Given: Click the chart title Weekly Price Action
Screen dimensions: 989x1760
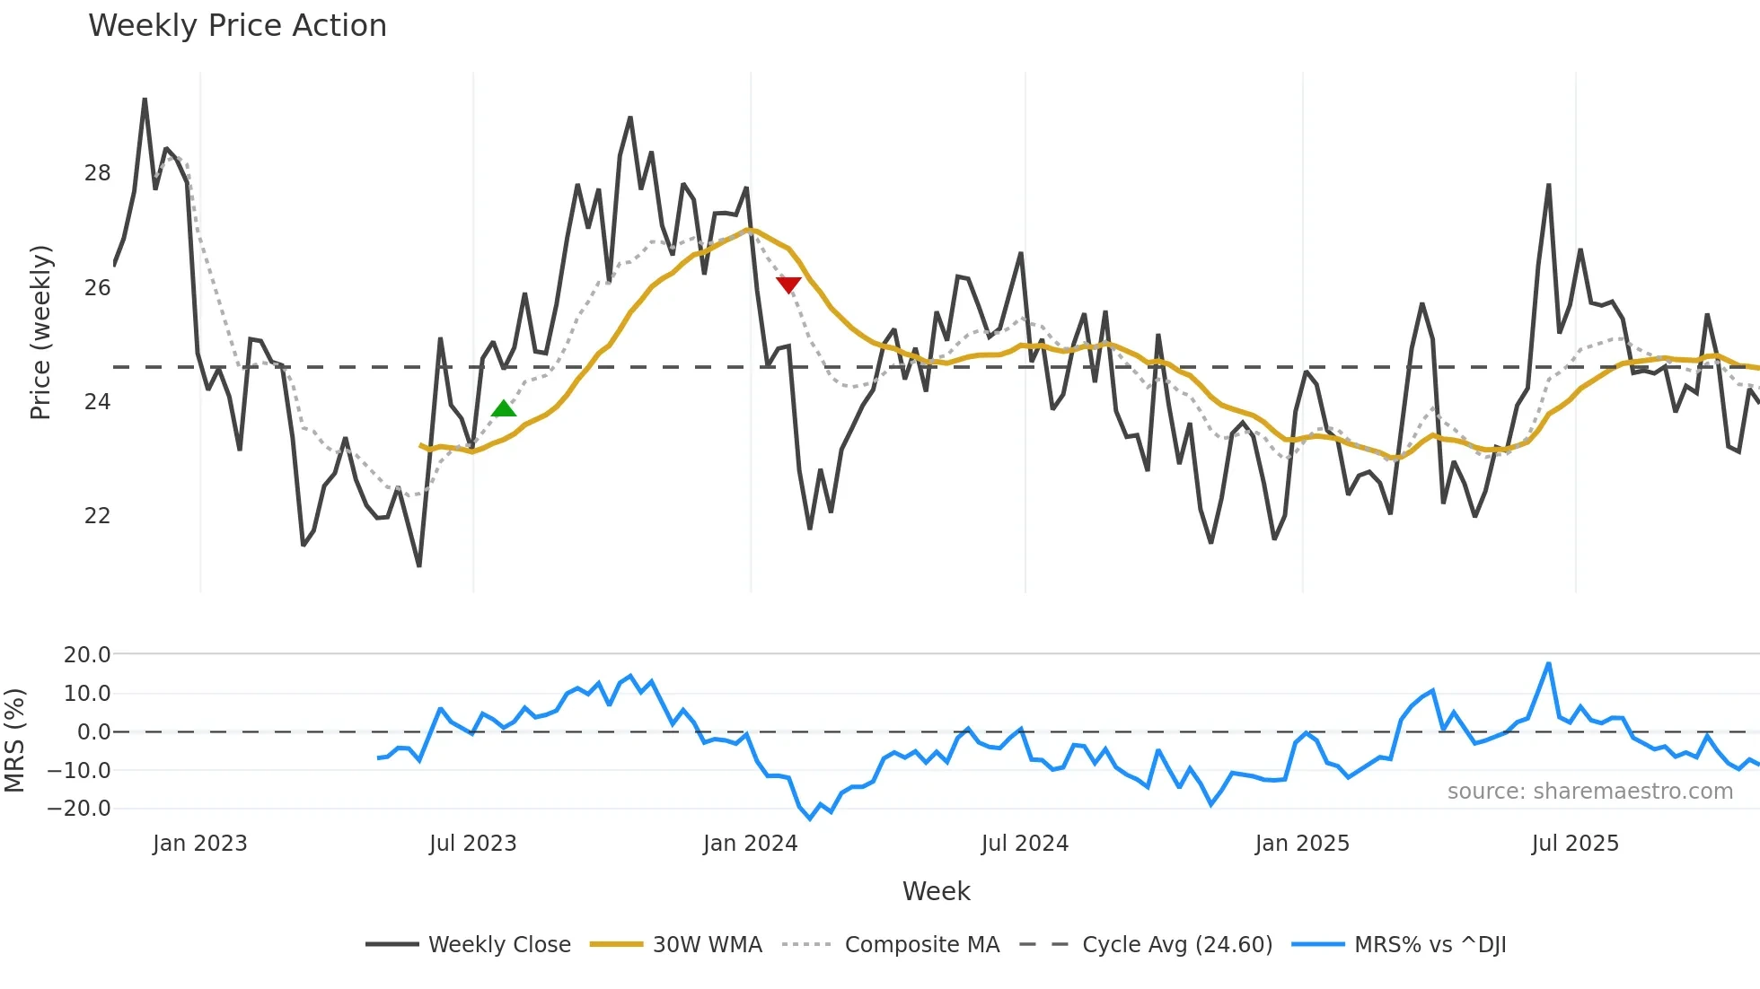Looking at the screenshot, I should (x=237, y=26).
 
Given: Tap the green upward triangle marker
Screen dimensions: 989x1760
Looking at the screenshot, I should (x=504, y=409).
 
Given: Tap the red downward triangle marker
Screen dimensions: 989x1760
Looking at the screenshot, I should (x=788, y=285).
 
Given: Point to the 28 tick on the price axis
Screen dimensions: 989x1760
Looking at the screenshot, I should (x=97, y=173).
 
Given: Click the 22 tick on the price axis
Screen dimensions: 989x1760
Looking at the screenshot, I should (x=97, y=516).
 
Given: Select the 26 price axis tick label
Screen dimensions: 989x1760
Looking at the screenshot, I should (x=97, y=288).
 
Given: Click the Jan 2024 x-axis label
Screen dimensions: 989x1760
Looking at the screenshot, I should (x=750, y=844).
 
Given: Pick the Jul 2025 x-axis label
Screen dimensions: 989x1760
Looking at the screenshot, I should (x=1575, y=844).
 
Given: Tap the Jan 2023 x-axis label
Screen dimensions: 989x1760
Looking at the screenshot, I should (x=199, y=844).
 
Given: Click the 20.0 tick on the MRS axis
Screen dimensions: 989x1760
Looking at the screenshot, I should (x=87, y=655).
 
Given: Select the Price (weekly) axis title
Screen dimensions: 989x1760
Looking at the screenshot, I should (x=40, y=332).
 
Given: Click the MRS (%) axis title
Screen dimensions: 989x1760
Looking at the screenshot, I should (x=14, y=740).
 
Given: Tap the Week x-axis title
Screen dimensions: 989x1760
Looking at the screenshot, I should (x=936, y=891).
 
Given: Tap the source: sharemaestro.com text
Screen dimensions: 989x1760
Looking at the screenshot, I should (x=1589, y=792).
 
